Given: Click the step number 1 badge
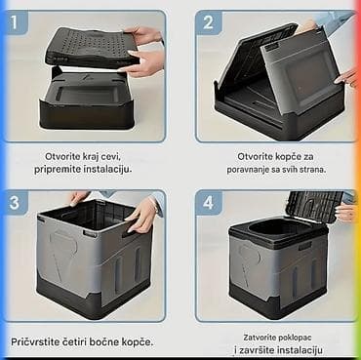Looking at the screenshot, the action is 15,21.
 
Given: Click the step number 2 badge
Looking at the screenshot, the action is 208,21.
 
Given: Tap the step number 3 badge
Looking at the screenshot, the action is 15,203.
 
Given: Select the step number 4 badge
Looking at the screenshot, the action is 208,203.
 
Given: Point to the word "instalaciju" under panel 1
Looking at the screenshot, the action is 107,170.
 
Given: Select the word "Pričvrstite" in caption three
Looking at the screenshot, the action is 34,342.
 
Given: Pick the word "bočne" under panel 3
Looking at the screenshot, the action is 105,342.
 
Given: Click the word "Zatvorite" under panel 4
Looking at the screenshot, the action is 259,338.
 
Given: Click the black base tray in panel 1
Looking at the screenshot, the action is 87,101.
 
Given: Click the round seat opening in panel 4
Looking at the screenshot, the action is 278,227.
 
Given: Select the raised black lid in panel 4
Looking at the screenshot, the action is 314,206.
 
